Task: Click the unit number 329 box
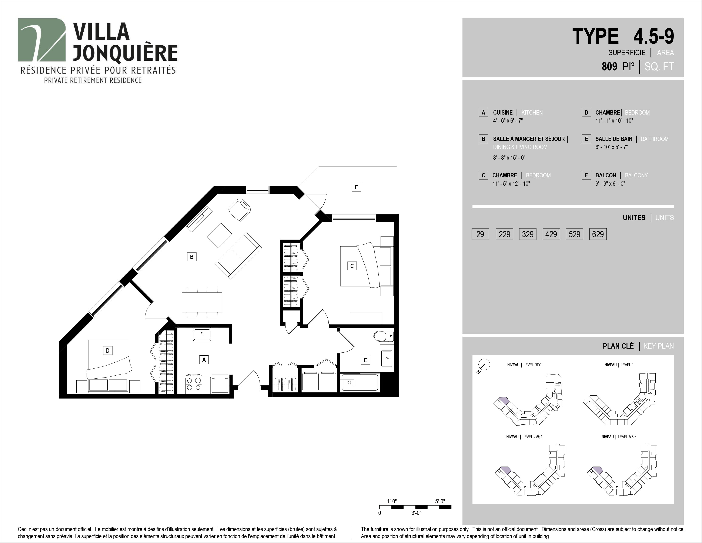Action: (528, 234)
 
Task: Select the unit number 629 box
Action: (598, 234)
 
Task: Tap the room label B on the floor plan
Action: (192, 257)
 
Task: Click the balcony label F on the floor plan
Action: (356, 187)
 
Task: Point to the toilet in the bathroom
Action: (384, 336)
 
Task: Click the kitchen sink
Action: (202, 335)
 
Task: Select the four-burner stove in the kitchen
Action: (194, 384)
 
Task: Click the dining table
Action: (202, 302)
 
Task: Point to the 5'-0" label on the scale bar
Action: (440, 501)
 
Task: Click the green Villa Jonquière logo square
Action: (42, 40)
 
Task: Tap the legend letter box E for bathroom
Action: (586, 139)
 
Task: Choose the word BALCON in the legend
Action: (606, 175)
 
